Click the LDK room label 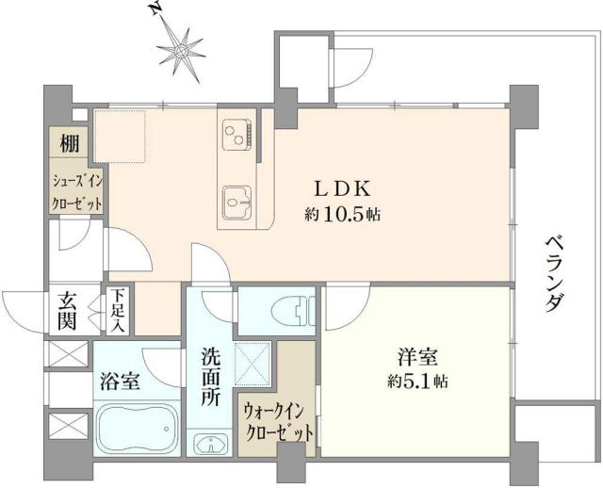click(x=342, y=187)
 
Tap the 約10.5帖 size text click(x=342, y=214)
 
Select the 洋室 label click(x=415, y=360)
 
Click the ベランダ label click(x=555, y=274)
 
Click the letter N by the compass click(x=155, y=10)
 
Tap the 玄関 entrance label click(x=69, y=310)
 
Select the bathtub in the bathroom click(x=138, y=432)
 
